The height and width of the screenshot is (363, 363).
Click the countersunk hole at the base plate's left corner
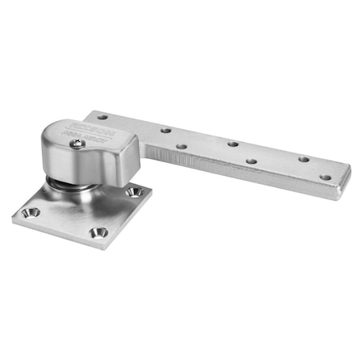point(32,211)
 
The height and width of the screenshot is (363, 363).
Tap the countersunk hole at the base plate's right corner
point(135,192)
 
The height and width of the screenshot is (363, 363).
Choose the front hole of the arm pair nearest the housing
point(181,147)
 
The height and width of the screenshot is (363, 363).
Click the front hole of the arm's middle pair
point(252,161)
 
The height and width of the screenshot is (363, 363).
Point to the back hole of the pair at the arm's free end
point(304,159)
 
